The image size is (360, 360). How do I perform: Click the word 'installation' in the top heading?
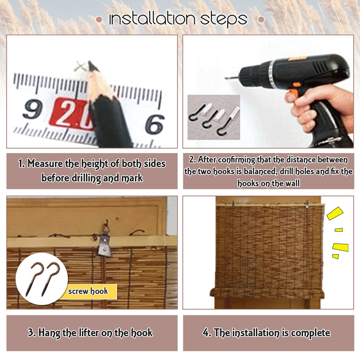[x=152, y=19]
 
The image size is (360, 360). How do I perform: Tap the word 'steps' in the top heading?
[x=224, y=20]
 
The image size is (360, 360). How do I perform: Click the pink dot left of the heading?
[x=99, y=20]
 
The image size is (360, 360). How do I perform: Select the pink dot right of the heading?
[x=261, y=20]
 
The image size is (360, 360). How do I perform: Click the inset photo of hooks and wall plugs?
[x=214, y=117]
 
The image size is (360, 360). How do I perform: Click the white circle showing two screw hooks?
[x=42, y=279]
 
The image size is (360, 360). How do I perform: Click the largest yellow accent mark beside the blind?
[x=335, y=213]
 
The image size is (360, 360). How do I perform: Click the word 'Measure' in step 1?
[x=45, y=164]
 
